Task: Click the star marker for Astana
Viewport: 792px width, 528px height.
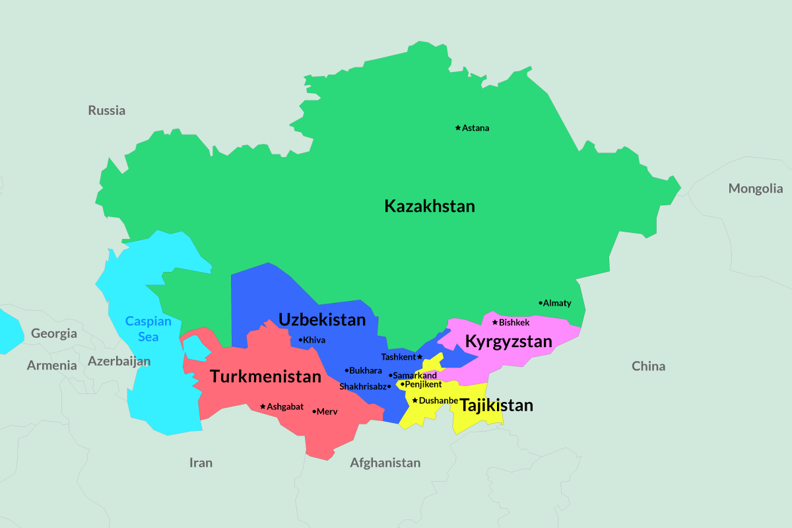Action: pos(458,127)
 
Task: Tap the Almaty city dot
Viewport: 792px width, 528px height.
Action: pos(541,303)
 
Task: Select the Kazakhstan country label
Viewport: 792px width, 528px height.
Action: pos(430,206)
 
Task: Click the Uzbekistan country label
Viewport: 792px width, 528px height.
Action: pos(321,320)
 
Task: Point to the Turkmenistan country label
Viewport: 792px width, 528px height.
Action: pos(265,377)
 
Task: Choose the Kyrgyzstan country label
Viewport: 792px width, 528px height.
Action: pos(508,342)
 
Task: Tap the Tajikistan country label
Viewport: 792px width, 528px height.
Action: pos(496,405)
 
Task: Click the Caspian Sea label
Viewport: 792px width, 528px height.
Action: pos(148,329)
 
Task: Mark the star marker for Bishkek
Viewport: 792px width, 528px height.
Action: pos(495,322)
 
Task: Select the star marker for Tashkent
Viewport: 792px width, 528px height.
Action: pos(420,356)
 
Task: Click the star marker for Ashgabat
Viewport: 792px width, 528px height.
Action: pos(263,407)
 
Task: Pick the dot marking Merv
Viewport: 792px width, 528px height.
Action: pos(314,411)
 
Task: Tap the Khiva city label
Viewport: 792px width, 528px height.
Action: pos(314,340)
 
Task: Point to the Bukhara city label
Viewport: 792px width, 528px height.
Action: pos(366,370)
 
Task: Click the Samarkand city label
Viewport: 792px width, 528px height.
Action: pos(414,376)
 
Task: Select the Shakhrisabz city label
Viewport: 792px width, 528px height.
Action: pos(362,386)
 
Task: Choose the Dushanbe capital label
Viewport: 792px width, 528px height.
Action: pos(438,400)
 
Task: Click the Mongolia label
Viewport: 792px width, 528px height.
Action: pos(756,189)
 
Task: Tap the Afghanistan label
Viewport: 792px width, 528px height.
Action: pos(385,463)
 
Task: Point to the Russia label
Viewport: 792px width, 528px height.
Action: pos(107,110)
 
